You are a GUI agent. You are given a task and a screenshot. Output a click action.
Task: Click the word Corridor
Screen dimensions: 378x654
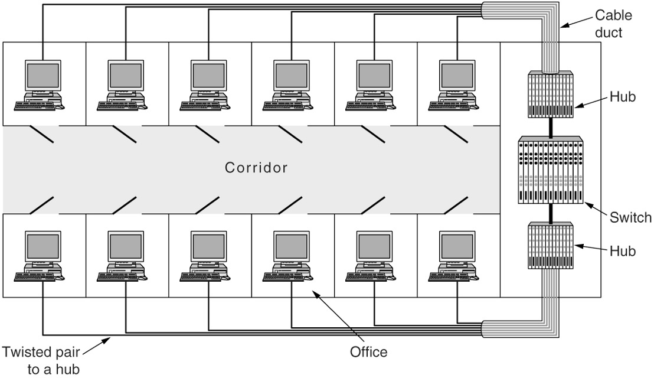[256, 168]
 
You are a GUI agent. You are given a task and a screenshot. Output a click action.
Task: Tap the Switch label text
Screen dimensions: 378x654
[630, 217]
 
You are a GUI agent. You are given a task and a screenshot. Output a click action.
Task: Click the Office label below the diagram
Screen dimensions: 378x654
[368, 353]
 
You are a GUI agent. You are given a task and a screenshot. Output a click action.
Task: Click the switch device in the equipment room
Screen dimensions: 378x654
[550, 171]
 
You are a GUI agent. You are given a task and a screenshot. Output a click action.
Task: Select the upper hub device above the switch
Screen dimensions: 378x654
[550, 94]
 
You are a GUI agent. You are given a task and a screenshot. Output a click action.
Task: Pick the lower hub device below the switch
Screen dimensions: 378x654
[550, 245]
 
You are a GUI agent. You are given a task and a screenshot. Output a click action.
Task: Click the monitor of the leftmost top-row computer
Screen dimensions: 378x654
[41, 77]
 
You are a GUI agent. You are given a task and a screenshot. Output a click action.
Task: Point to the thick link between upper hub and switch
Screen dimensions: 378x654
[550, 126]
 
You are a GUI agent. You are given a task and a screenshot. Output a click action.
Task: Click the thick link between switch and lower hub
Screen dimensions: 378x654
[550, 213]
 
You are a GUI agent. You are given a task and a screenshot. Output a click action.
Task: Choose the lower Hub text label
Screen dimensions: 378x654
[623, 250]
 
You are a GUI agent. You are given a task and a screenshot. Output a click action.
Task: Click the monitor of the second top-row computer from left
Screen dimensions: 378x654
[125, 77]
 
